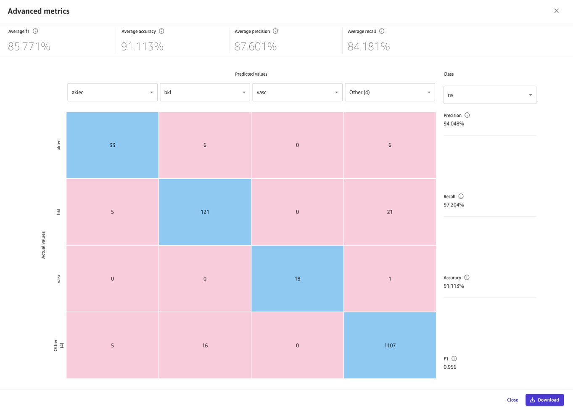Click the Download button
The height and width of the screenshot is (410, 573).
[x=544, y=400]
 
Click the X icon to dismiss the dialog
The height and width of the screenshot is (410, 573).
[x=556, y=11]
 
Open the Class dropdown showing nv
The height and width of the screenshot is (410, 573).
[x=489, y=95]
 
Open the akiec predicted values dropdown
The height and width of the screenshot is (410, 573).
[x=112, y=93]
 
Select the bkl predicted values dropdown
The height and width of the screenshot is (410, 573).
[x=205, y=93]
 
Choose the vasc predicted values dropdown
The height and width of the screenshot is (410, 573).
[x=297, y=93]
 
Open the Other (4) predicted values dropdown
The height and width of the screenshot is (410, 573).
[x=390, y=93]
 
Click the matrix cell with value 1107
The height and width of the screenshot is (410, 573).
[x=390, y=345]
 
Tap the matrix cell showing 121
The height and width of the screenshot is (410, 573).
[x=205, y=212]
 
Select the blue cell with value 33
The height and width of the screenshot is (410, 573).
[x=112, y=145]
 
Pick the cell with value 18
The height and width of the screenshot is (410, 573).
[x=297, y=278]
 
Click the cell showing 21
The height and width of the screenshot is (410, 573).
[x=390, y=212]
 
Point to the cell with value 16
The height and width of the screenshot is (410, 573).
[x=205, y=345]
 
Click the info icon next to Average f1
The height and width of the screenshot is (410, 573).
[x=35, y=31]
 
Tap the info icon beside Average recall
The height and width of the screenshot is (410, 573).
[x=382, y=31]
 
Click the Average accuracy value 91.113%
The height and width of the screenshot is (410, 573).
[x=142, y=46]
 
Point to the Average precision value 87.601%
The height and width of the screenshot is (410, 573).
[x=255, y=46]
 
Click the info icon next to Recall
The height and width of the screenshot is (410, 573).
[x=461, y=196]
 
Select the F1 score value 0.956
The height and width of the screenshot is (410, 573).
[x=450, y=367]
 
